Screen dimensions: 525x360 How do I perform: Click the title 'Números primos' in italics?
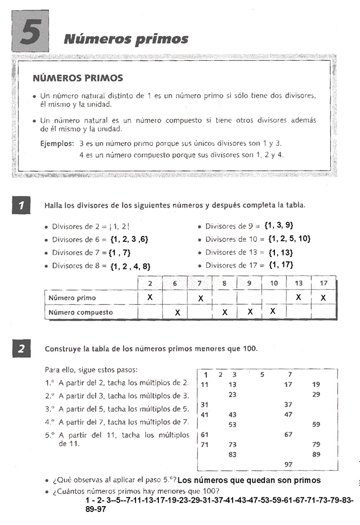point(126,39)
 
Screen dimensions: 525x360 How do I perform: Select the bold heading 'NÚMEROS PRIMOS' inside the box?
point(78,79)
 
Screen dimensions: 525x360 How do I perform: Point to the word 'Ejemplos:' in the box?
point(57,144)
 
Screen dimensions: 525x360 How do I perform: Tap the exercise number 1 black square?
point(21,206)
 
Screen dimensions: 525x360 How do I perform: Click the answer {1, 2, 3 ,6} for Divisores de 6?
point(129,239)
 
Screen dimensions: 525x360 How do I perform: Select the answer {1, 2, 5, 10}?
point(287,239)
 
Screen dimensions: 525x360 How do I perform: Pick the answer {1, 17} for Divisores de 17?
point(280,265)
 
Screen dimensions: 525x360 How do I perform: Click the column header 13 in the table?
point(299,283)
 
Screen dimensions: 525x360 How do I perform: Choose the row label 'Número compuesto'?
point(81,312)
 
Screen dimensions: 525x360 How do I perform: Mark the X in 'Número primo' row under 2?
point(150,297)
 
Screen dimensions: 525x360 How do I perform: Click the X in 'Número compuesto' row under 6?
point(177,313)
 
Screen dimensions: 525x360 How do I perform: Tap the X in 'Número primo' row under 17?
point(323,297)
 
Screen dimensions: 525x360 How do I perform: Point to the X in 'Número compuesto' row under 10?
point(273,311)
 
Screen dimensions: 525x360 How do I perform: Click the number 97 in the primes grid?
point(288,464)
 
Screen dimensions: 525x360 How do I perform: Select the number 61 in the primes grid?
point(205,434)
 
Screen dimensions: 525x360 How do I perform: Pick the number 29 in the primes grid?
point(317,394)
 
